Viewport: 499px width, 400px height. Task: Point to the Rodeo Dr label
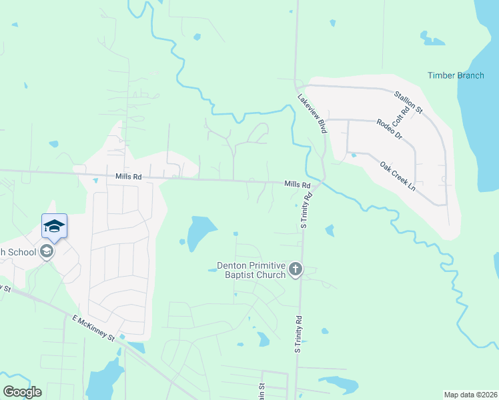click(390, 129)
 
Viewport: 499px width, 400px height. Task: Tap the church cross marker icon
click(296, 269)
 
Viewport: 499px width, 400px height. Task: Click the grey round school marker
click(46, 251)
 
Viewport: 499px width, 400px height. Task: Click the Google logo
click(23, 392)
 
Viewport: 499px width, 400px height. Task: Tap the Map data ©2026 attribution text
click(470, 395)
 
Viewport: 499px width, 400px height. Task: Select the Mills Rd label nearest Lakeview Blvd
click(298, 184)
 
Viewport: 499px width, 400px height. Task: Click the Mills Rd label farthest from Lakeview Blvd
click(129, 177)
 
